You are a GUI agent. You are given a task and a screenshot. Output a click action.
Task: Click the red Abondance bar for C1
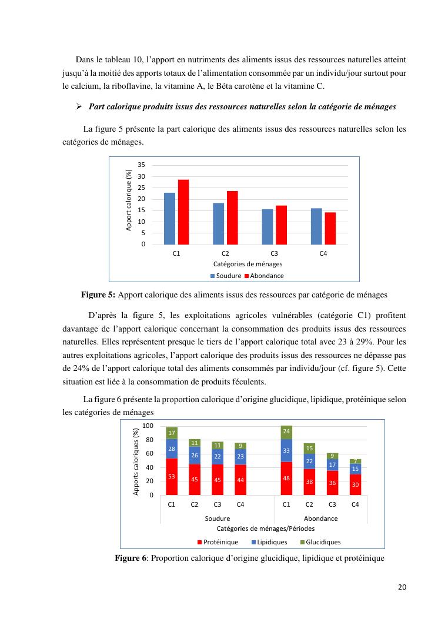(183, 212)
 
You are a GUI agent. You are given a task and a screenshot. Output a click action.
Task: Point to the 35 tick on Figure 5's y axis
(142, 166)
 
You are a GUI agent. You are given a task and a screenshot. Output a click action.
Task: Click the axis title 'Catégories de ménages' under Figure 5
(248, 264)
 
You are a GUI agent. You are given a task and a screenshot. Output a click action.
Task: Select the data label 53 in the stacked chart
(172, 476)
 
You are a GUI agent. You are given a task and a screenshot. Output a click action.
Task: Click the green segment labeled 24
(286, 432)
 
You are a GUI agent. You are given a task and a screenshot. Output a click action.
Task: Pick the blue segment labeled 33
(286, 450)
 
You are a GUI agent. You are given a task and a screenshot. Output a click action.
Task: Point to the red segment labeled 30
(355, 485)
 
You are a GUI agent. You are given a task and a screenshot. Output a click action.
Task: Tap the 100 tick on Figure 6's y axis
(148, 426)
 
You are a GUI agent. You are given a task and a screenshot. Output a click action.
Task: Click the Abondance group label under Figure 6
(320, 518)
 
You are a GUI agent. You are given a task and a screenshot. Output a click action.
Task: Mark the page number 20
(402, 587)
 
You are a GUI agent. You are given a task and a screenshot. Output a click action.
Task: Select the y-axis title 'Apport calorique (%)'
(129, 200)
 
